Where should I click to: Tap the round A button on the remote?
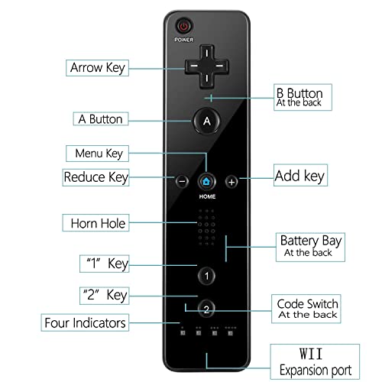(206, 120)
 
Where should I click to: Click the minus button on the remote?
(182, 182)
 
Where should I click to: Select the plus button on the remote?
(231, 182)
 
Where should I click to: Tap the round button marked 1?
(206, 276)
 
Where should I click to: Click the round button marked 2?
(206, 309)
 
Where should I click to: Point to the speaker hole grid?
(206, 226)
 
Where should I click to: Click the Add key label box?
(299, 176)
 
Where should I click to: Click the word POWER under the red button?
(183, 39)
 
